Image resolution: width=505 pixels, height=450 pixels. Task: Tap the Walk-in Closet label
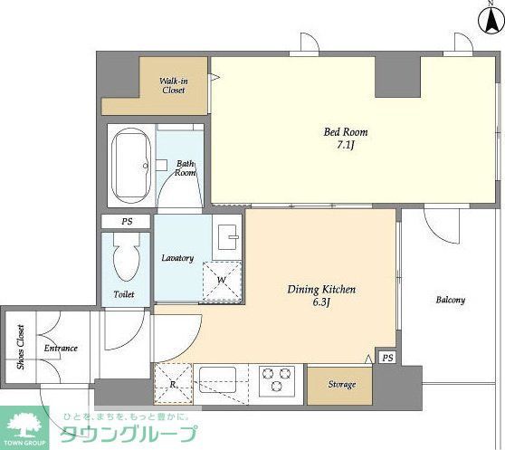pyautogui.click(x=173, y=84)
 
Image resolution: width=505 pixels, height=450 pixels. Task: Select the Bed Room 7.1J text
pyautogui.click(x=346, y=139)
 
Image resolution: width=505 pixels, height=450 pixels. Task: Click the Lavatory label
pyautogui.click(x=177, y=258)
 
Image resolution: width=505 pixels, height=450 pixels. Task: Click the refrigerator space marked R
pyautogui.click(x=172, y=382)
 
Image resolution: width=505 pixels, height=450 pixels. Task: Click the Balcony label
pyautogui.click(x=450, y=300)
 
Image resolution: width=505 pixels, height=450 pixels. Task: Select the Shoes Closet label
pyautogui.click(x=21, y=347)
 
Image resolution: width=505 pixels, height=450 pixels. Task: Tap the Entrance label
pyautogui.click(x=60, y=348)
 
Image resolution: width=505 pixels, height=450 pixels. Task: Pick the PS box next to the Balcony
pyautogui.click(x=386, y=358)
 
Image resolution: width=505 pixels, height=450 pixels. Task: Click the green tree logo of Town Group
pyautogui.click(x=26, y=423)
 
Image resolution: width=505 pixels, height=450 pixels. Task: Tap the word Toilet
pyautogui.click(x=124, y=295)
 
